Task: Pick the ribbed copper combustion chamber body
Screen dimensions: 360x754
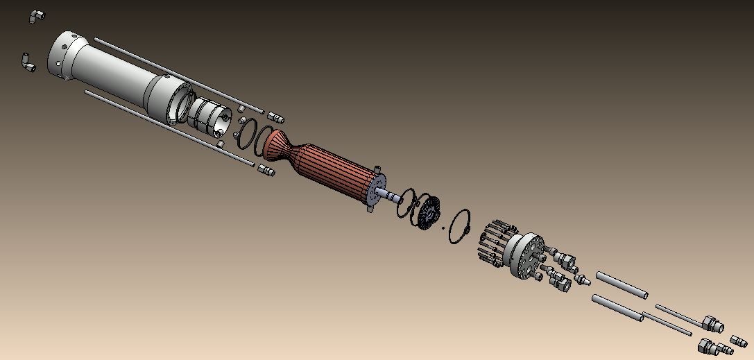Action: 333,173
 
